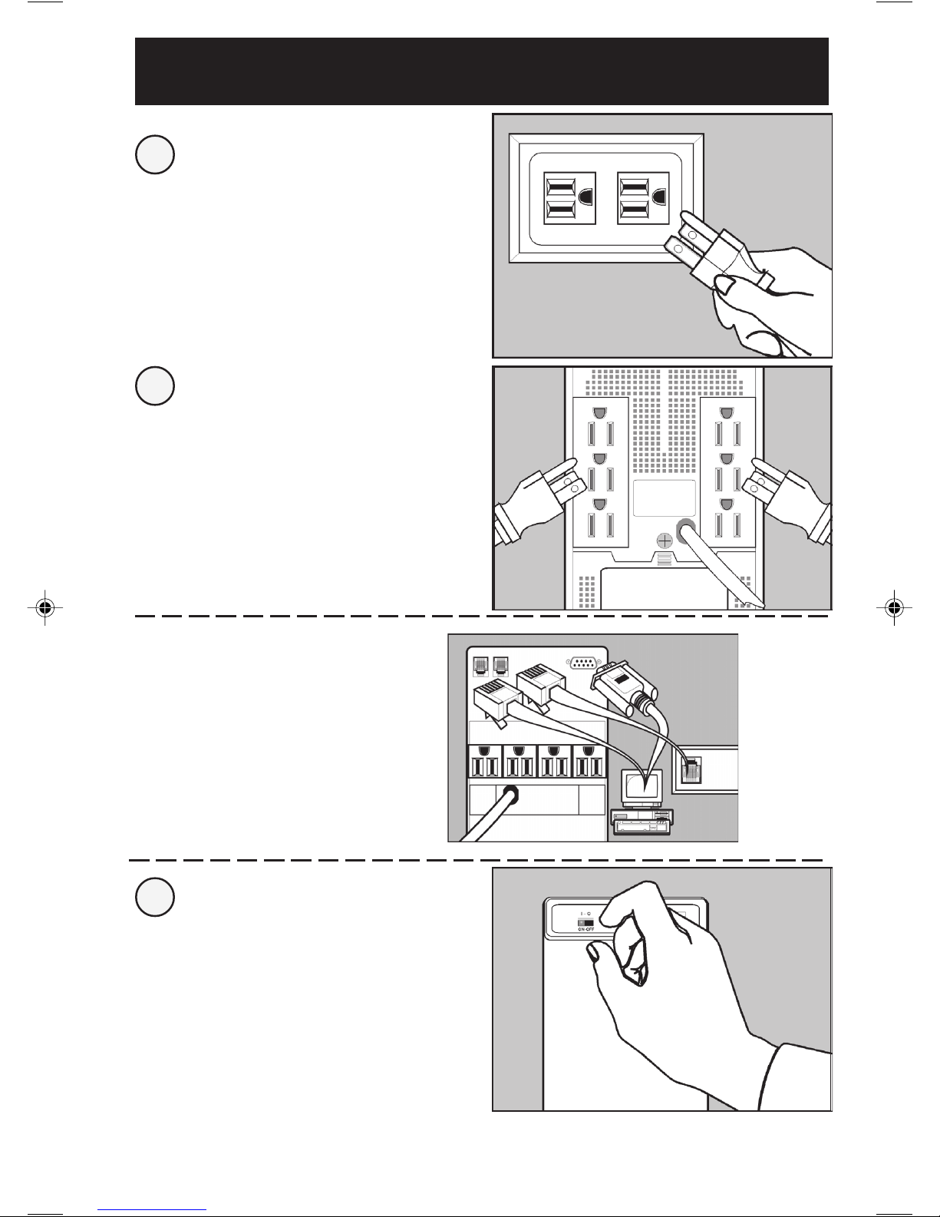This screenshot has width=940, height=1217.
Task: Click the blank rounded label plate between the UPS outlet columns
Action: pyautogui.click(x=665, y=498)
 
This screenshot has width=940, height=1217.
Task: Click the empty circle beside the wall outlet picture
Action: pyautogui.click(x=154, y=155)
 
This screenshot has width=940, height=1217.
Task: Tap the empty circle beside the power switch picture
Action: pyautogui.click(x=154, y=895)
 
